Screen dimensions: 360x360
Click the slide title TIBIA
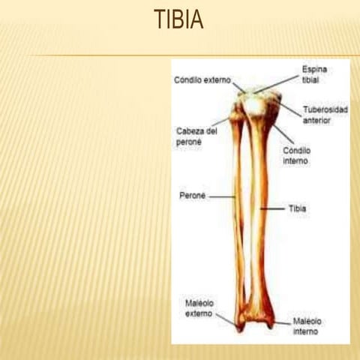point(178,19)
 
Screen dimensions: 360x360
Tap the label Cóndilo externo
point(202,79)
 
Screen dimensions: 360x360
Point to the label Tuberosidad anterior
point(325,114)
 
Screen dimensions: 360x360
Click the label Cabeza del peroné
point(196,135)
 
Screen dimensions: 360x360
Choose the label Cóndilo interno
point(296,155)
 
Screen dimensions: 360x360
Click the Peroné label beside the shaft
point(191,196)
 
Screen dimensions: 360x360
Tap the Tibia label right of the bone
point(298,208)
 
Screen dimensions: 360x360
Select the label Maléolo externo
point(199,307)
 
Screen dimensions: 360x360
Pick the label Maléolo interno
point(307,325)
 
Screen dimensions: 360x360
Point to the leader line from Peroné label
point(222,196)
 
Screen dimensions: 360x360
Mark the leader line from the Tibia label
point(274,208)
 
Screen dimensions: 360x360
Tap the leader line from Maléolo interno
point(282,322)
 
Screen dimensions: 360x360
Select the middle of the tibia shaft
point(259,210)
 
